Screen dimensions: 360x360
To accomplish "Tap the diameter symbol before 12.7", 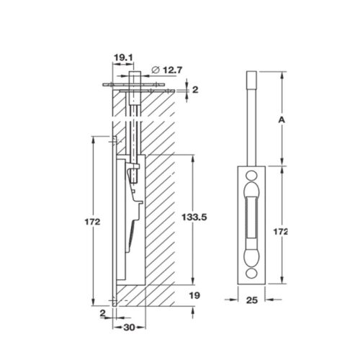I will (x=155, y=70).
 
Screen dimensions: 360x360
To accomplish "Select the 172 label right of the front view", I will (x=282, y=231).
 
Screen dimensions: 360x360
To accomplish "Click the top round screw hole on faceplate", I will (x=252, y=176).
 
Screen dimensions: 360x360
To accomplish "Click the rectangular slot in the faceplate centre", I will (x=252, y=221).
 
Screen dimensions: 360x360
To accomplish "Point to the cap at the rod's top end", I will (x=252, y=77).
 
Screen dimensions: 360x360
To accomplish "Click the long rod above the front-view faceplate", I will (x=252, y=122).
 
